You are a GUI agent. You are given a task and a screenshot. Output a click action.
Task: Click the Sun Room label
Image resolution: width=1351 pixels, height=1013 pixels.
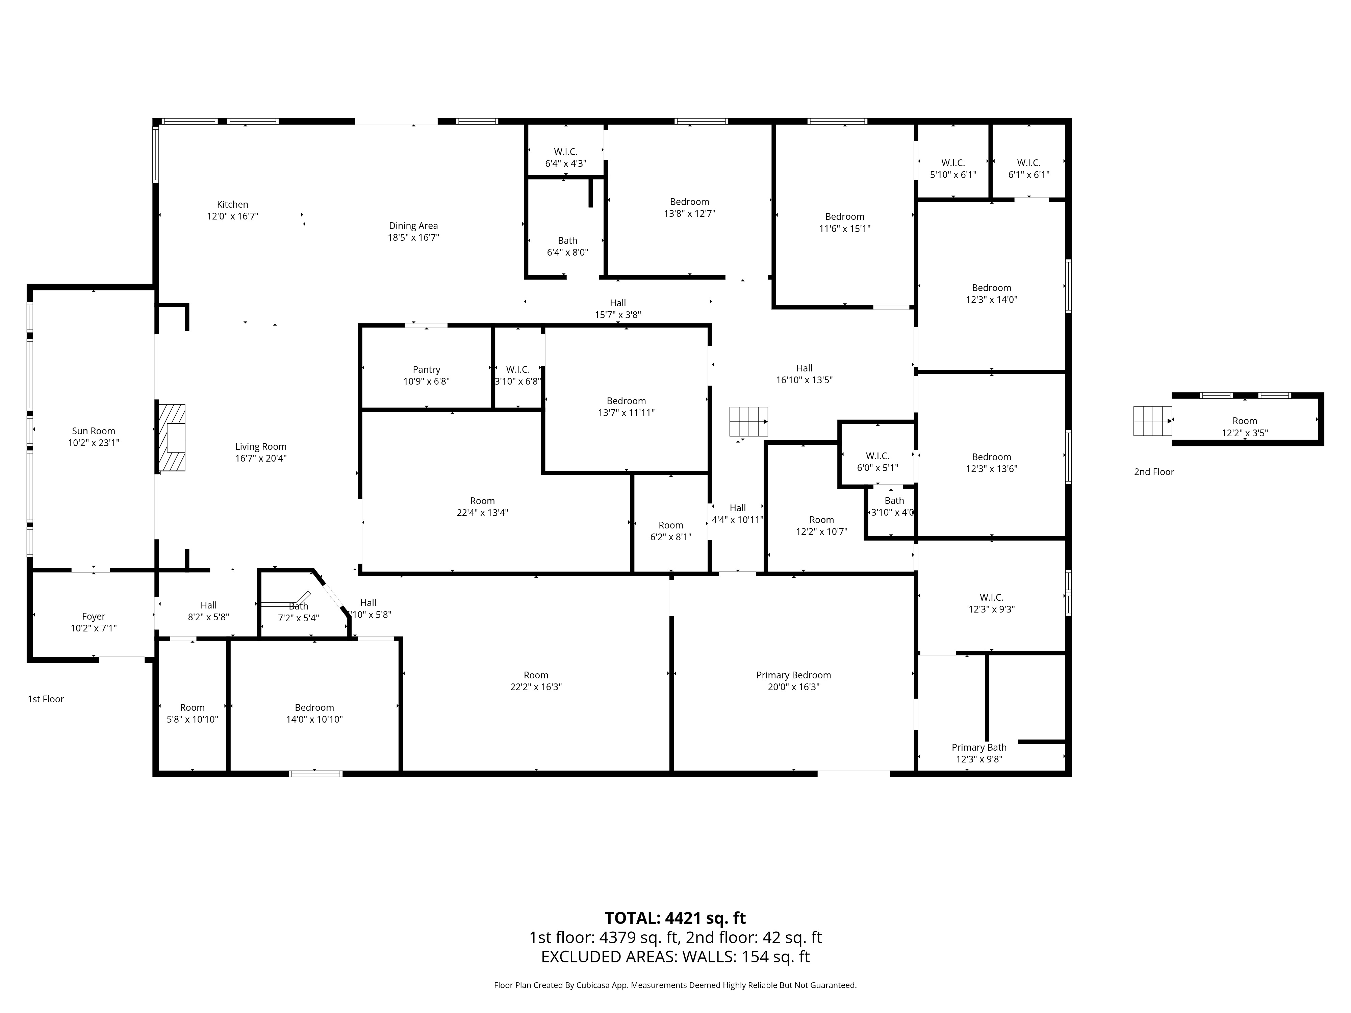click(94, 431)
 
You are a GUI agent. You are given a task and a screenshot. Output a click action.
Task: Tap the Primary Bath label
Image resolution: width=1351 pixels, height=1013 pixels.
click(979, 747)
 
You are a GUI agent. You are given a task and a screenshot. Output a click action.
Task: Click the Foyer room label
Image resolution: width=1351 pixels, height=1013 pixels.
click(94, 616)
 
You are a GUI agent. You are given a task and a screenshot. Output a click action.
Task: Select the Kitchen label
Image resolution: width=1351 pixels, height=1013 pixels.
click(233, 205)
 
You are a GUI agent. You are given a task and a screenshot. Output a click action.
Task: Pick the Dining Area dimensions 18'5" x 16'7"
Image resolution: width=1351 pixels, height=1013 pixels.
click(413, 237)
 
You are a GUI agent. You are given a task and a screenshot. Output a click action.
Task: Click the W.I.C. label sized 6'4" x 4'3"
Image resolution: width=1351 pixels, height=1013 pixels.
click(566, 151)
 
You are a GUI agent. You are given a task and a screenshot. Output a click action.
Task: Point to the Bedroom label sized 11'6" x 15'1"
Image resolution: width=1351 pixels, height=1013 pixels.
click(845, 217)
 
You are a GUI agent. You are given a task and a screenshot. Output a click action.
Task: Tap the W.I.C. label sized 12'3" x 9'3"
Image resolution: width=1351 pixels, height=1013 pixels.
click(991, 597)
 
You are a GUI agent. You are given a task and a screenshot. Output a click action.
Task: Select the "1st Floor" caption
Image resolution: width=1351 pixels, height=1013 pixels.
click(46, 699)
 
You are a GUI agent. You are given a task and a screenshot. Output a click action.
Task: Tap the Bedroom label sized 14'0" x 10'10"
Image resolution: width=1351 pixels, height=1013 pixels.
click(314, 708)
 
